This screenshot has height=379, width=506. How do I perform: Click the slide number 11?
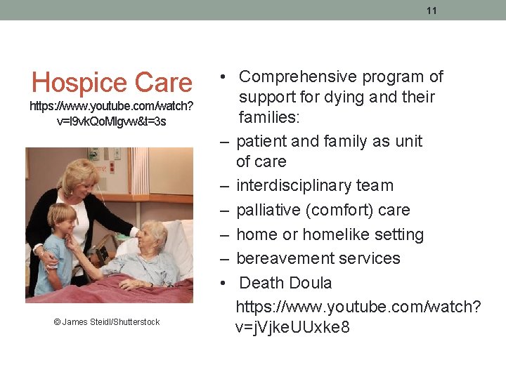click(x=432, y=11)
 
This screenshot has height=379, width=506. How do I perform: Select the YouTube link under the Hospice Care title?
click(x=111, y=114)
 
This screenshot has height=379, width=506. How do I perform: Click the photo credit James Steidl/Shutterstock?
click(x=107, y=322)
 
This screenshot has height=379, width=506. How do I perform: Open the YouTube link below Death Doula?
click(x=358, y=317)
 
